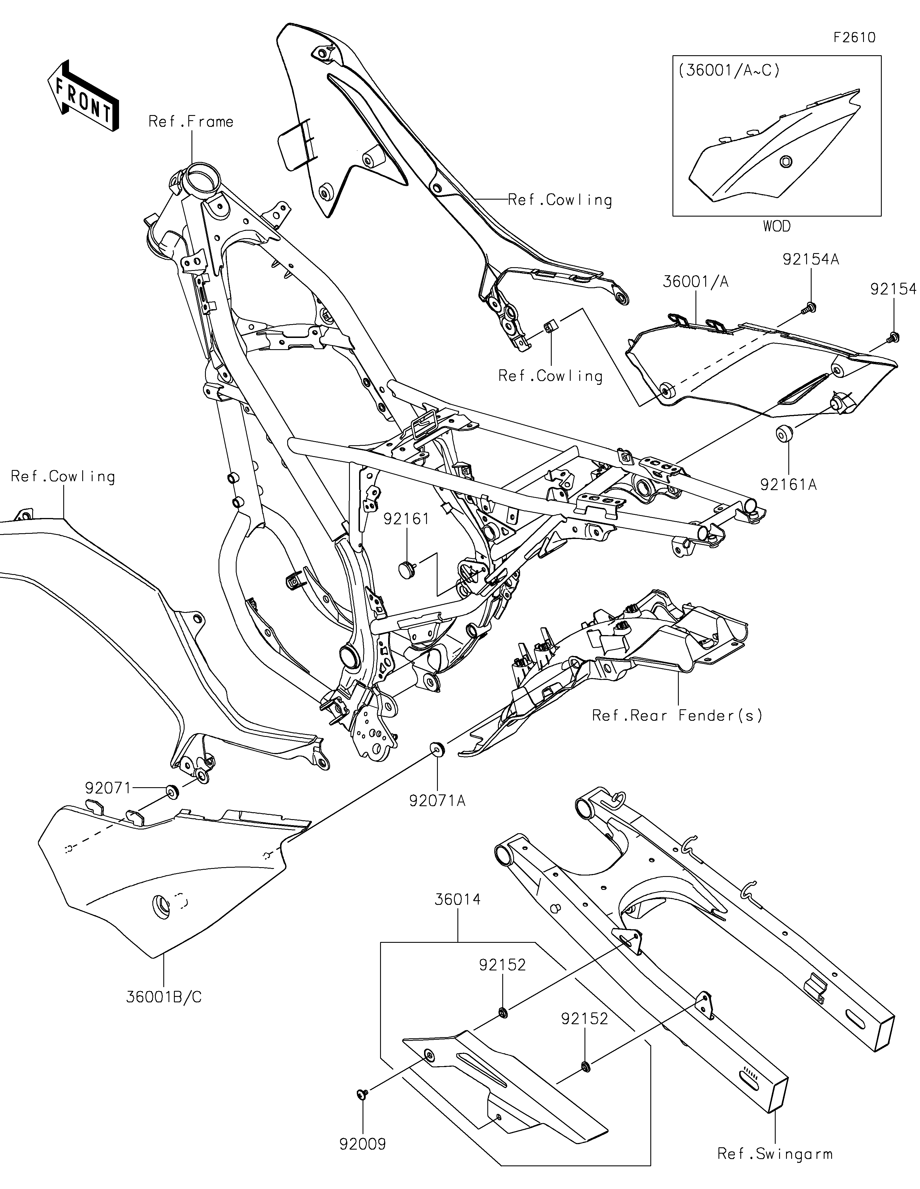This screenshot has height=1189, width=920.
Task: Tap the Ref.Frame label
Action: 191,121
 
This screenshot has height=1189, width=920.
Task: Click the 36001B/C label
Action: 164,997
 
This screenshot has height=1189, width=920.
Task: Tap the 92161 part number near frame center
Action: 407,519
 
